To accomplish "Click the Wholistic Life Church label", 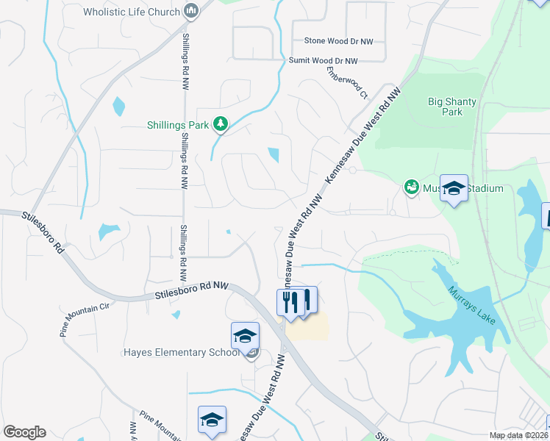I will point(132,12).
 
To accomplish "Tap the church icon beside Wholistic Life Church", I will point(192,11).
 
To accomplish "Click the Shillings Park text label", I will point(178,125).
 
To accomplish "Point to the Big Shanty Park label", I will point(452,107).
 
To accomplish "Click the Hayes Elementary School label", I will point(181,352).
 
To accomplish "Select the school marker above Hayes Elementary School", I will point(245,337).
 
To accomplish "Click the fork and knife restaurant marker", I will point(291,301).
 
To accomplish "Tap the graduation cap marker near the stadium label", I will point(454,189).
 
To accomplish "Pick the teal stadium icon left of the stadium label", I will point(411,188).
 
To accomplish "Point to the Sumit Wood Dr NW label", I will point(323,61).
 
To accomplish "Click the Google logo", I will point(24,432).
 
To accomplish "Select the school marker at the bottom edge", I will point(212,420).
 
